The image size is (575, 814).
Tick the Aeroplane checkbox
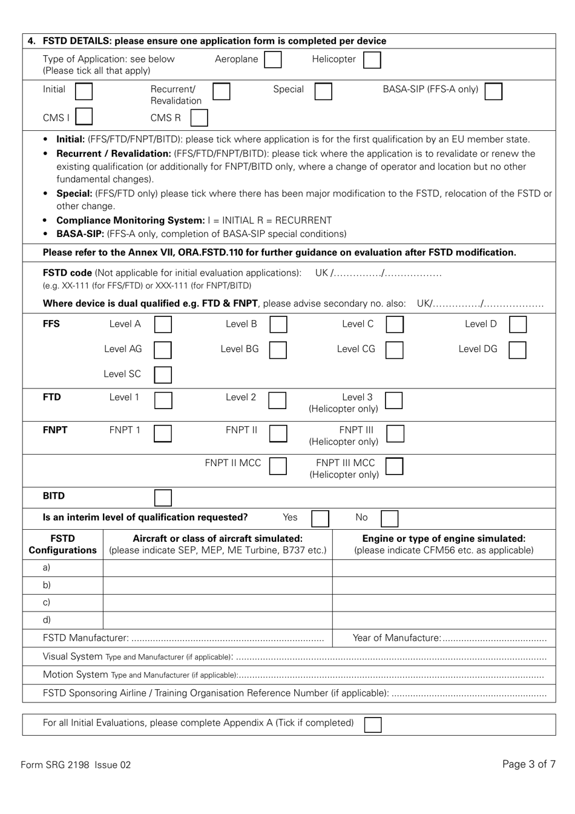tap(273, 59)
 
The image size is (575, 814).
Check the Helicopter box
tap(372, 59)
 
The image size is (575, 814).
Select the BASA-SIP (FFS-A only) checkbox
tap(493, 91)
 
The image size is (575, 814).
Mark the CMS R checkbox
tap(199, 117)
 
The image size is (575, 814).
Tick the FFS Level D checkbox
tap(517, 324)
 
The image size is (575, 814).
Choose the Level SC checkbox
tap(163, 375)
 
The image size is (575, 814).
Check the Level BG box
tap(278, 350)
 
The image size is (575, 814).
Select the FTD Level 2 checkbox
tap(277, 399)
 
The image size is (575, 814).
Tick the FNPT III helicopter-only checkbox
tap(395, 433)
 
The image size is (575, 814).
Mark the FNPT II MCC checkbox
tap(278, 465)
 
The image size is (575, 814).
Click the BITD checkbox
tap(163, 498)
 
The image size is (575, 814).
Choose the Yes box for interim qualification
tap(320, 518)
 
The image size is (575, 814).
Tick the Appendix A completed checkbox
tap(373, 724)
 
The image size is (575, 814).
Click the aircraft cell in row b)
tap(217, 585)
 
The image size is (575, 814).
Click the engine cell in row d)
tap(444, 620)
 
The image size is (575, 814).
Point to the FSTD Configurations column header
tap(62, 544)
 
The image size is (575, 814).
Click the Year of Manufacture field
tap(493, 638)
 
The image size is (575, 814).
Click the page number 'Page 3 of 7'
tap(528, 764)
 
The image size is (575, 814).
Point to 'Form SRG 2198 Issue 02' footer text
tap(76, 765)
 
